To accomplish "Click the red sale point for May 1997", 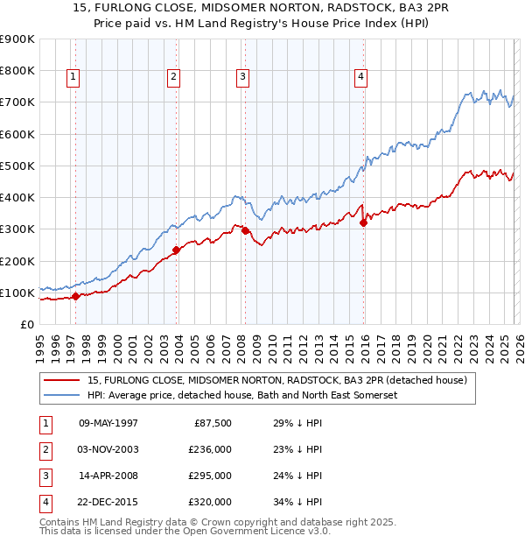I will click(75, 296).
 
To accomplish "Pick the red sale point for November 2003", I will click(176, 250).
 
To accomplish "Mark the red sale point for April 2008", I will click(245, 230).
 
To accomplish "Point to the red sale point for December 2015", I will click(363, 222).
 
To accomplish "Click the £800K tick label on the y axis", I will click(17, 71).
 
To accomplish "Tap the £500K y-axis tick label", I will click(17, 166).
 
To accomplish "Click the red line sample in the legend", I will click(63, 380).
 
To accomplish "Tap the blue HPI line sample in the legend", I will click(63, 395).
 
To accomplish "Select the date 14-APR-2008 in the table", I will click(108, 476).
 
